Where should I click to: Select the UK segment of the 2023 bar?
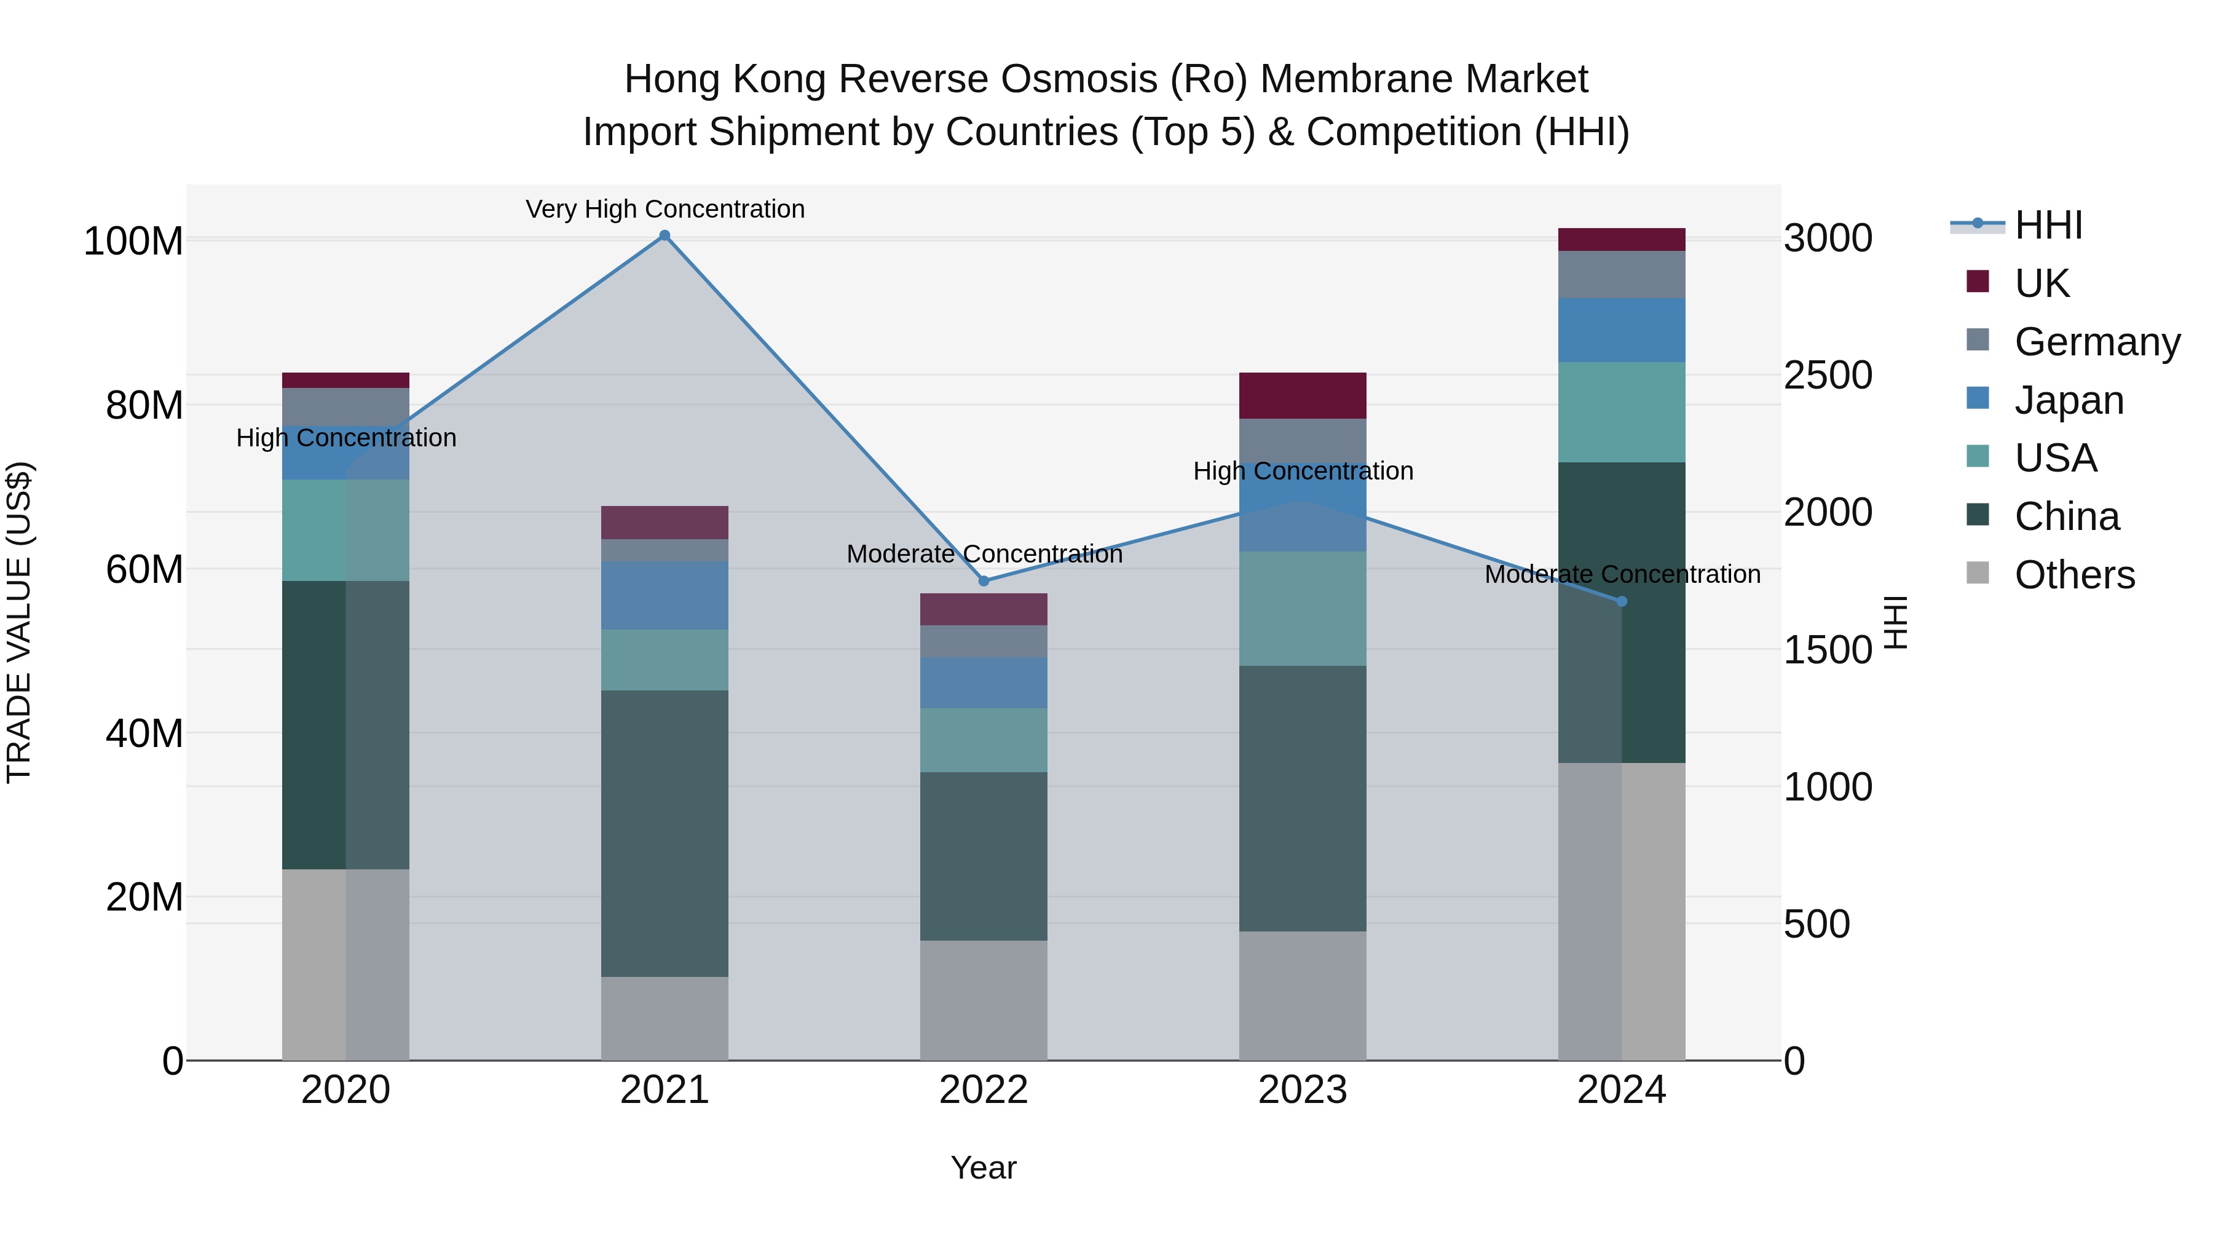tap(1303, 395)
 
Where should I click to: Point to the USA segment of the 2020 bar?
tap(345, 529)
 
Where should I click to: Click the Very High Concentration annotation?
tap(665, 209)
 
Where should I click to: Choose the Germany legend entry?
tap(2096, 342)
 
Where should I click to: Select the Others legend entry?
tap(2074, 575)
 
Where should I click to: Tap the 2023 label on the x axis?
tap(1303, 1090)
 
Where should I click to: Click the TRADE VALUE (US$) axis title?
tap(19, 622)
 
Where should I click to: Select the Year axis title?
tap(984, 1168)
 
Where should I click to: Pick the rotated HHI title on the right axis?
tap(1896, 622)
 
